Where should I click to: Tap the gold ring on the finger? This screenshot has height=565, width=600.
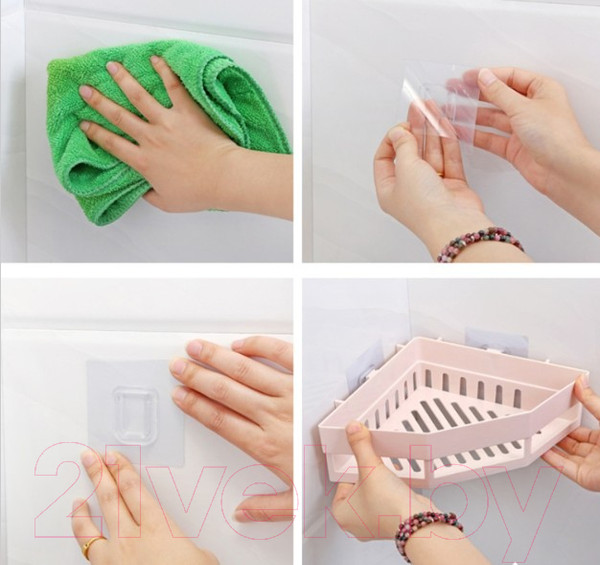tap(93, 544)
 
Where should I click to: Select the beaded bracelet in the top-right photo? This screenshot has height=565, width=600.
tap(480, 244)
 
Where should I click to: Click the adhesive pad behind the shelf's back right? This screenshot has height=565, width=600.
tap(496, 339)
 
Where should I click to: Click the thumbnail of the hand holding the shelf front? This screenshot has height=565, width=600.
tap(355, 427)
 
